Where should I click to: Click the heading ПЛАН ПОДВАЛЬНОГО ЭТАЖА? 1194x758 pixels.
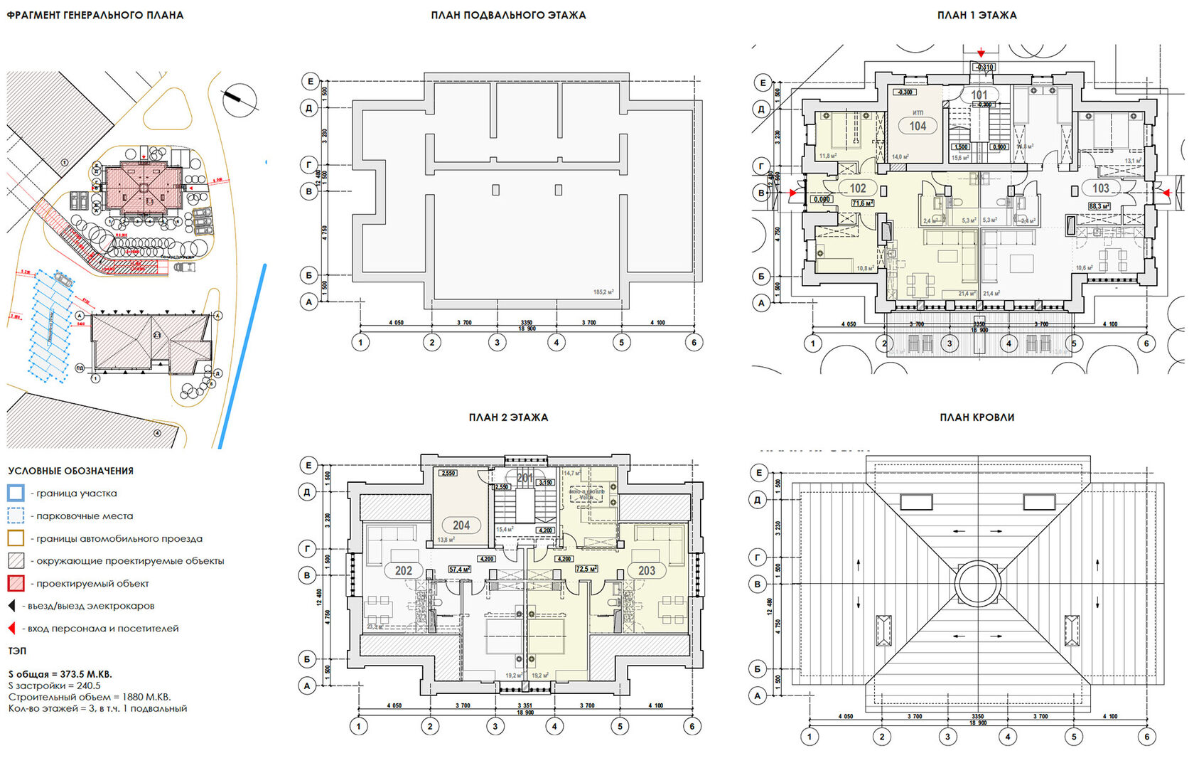tap(508, 15)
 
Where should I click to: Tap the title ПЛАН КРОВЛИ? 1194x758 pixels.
tap(977, 417)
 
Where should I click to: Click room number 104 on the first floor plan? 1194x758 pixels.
tap(918, 126)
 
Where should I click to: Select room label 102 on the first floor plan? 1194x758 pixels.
tap(858, 188)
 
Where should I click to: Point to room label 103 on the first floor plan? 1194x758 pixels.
tap(1100, 188)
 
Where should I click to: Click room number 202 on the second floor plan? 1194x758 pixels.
tap(404, 570)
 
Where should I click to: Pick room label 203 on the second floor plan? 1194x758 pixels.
tap(646, 570)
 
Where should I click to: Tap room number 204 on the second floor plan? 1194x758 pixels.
tap(461, 525)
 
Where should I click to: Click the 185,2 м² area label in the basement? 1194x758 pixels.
tap(603, 292)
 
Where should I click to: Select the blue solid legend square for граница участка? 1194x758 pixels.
tap(16, 493)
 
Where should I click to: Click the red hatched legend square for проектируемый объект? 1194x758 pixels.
tap(16, 583)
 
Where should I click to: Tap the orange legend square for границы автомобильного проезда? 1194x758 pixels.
tap(16, 538)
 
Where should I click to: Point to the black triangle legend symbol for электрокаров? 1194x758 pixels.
tap(11, 606)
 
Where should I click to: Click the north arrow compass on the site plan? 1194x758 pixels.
tap(240, 100)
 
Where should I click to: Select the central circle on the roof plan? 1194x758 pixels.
tap(977, 583)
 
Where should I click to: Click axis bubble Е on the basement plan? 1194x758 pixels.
tap(310, 81)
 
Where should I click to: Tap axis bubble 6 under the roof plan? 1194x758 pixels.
tap(1146, 737)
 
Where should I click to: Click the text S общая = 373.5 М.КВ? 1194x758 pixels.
tap(60, 674)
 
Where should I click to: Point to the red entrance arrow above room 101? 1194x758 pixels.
tap(981, 53)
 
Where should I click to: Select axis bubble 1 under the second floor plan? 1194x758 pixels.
tap(359, 726)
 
